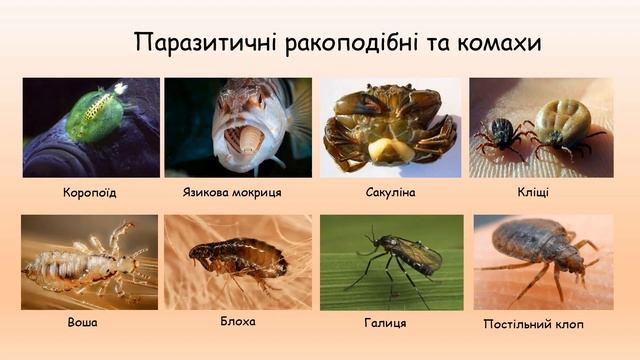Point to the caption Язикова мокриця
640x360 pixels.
click(232, 191)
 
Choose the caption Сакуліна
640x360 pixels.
click(390, 191)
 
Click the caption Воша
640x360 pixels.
click(84, 323)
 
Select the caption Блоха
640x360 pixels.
click(238, 321)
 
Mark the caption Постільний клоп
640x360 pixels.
click(533, 324)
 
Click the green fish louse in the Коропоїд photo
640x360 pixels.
click(94, 116)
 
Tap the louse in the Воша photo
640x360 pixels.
click(85, 265)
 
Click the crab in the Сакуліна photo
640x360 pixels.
click(390, 125)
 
